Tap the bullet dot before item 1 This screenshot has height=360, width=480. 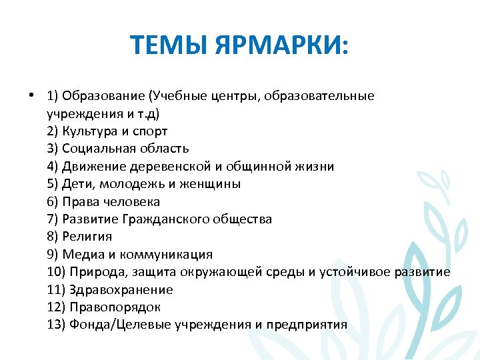pos(32,95)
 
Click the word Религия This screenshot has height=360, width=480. pos(87,237)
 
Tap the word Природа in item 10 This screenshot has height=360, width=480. pos(95,272)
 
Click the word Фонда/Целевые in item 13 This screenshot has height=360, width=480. pos(120,325)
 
